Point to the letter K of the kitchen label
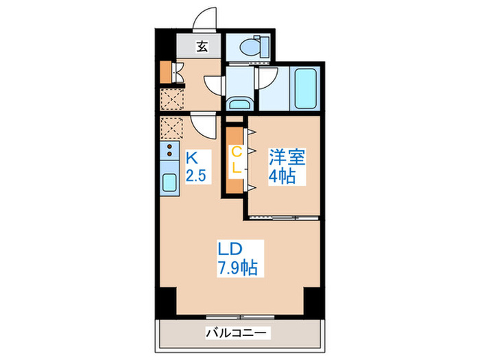point(192,157)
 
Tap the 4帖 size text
point(282,176)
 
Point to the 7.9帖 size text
point(237,267)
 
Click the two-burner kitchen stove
point(169,153)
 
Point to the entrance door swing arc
point(206,21)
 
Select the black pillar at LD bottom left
point(165,300)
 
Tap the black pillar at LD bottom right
point(312,300)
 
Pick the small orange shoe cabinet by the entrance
point(165,71)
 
